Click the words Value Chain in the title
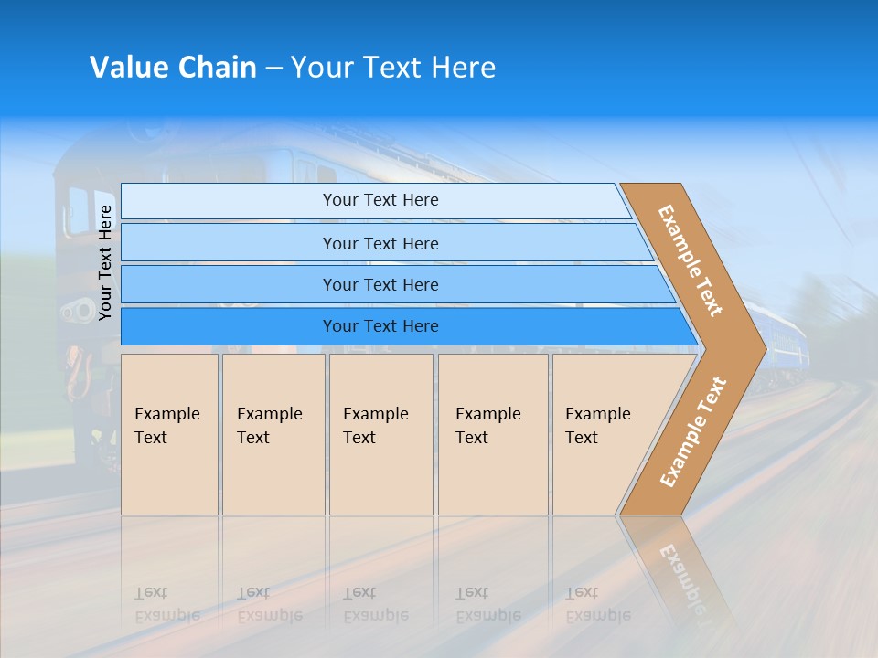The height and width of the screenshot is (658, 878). coord(173,68)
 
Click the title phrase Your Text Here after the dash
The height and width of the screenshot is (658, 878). coord(393,68)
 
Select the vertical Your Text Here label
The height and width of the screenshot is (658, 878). coord(105,262)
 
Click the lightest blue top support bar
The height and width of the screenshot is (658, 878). coord(380,200)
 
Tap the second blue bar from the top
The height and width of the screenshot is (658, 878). coord(380,243)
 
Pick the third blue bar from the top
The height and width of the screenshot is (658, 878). coord(380,284)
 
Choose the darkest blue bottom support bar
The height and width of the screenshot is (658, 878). coord(380,326)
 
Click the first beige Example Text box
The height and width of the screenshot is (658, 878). coord(169,434)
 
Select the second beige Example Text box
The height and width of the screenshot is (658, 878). coord(273,434)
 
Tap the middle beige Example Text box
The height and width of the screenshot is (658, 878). coord(380,434)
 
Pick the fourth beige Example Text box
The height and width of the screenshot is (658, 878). coord(493,434)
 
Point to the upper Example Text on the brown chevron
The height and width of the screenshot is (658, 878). coord(691,260)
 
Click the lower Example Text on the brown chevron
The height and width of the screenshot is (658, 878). coord(692,432)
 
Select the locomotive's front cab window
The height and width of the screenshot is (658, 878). coord(78,212)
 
